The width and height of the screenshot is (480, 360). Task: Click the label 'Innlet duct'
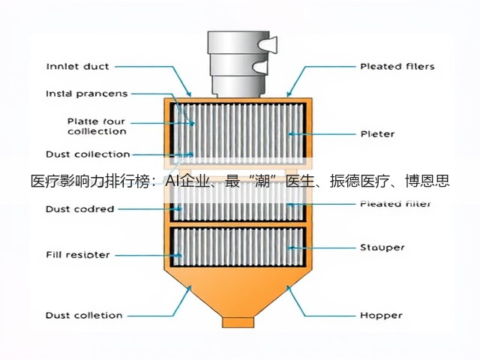click(x=77, y=67)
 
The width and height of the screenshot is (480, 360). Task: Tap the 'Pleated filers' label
click(x=397, y=67)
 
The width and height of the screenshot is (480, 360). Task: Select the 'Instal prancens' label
click(x=87, y=94)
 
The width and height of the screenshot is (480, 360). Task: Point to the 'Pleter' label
click(x=377, y=134)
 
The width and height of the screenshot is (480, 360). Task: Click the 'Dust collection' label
click(x=88, y=154)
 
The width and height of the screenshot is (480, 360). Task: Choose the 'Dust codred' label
click(x=80, y=209)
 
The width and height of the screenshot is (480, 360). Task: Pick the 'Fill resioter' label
click(x=78, y=255)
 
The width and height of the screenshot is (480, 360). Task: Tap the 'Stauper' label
click(x=382, y=247)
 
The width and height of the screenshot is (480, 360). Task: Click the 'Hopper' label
click(x=381, y=315)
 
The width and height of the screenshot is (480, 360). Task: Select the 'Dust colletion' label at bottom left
click(x=84, y=315)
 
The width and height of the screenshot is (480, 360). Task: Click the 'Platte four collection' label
click(x=97, y=127)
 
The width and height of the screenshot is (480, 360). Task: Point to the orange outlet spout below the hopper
click(x=238, y=322)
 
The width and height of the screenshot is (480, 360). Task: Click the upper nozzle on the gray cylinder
click(x=268, y=44)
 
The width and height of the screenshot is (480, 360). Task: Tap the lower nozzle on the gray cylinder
click(x=260, y=67)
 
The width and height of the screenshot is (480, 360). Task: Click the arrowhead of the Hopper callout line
click(x=289, y=288)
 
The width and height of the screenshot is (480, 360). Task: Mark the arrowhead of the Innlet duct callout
click(x=189, y=93)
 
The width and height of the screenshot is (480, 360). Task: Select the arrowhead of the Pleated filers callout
click(x=288, y=93)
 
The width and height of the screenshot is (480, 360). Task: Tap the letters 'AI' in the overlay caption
click(x=172, y=181)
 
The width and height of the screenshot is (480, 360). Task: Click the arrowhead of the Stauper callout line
click(x=291, y=247)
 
